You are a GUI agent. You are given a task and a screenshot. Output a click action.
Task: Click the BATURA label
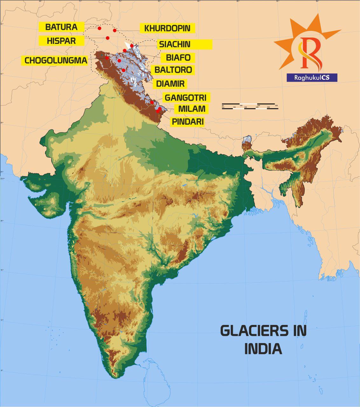click(x=61, y=27)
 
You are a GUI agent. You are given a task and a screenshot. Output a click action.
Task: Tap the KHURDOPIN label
click(x=167, y=28)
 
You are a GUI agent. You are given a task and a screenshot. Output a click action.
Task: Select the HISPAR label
click(x=61, y=41)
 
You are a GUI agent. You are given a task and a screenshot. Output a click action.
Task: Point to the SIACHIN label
click(x=184, y=44)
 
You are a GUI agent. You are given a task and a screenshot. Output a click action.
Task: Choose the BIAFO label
click(x=178, y=58)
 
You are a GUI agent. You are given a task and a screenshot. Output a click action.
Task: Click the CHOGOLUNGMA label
click(x=56, y=60)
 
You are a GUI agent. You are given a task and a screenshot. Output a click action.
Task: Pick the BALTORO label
click(x=173, y=70)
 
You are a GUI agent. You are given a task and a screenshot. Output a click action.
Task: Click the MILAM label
click(x=191, y=109)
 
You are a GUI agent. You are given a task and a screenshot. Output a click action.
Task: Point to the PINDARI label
click(x=188, y=121)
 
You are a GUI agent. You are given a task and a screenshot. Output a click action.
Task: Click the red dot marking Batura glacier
click(x=100, y=28)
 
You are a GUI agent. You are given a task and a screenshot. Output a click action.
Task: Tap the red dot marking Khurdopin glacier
click(x=115, y=30)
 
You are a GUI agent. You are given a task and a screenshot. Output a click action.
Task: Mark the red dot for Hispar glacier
click(x=107, y=38)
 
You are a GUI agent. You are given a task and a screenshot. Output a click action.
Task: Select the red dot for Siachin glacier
click(x=132, y=46)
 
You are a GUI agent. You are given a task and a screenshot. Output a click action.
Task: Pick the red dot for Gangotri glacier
click(x=152, y=102)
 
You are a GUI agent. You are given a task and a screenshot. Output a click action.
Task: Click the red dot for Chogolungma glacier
click(x=107, y=58)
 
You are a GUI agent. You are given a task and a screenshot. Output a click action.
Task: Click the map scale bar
click(x=250, y=107)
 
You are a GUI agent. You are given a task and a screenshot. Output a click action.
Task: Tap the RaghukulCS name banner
click(x=312, y=78)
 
